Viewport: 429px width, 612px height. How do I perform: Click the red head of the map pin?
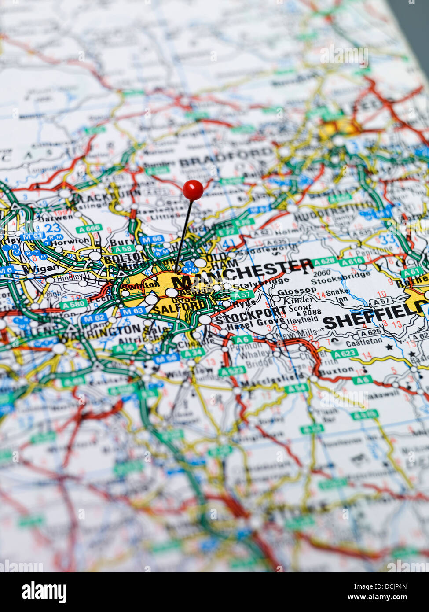tap(193, 190)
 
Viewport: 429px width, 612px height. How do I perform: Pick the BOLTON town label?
tap(125, 257)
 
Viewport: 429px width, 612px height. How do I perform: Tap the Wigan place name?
tap(41, 268)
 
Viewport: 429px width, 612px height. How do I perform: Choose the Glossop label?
tap(297, 291)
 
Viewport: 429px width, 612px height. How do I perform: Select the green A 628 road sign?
tap(325, 262)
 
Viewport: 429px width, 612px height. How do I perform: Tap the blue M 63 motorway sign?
tap(132, 311)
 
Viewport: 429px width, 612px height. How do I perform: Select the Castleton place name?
tap(363, 341)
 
